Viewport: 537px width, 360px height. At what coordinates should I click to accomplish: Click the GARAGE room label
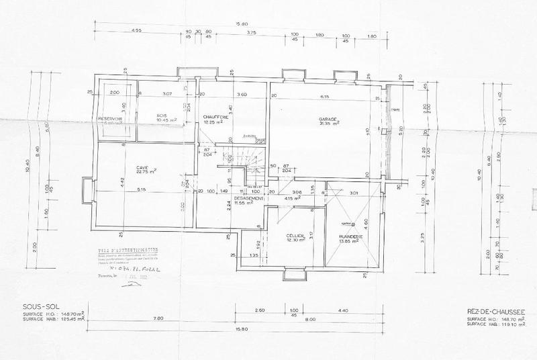tap(328, 118)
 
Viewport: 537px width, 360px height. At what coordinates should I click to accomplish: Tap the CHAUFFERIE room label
tap(217, 118)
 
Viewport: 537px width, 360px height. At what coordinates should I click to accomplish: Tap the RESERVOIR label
tap(109, 118)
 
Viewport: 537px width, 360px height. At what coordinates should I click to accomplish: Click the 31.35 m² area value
tap(328, 124)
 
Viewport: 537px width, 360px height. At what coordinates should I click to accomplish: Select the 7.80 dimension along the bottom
tap(139, 317)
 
